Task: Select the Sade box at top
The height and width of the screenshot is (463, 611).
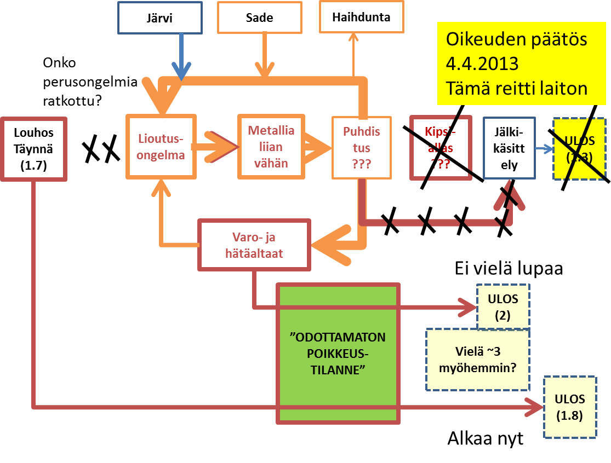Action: pyautogui.click(x=259, y=18)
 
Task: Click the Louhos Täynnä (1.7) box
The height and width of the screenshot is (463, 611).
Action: pyautogui.click(x=34, y=149)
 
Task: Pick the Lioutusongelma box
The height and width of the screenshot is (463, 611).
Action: pyautogui.click(x=161, y=147)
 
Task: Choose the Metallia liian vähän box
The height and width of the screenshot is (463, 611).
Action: pyautogui.click(x=271, y=147)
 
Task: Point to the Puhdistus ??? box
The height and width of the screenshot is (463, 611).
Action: pyautogui.click(x=362, y=147)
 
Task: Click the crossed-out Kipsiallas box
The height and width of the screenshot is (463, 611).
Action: pyautogui.click(x=441, y=148)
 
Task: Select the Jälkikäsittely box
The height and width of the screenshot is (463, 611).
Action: pyautogui.click(x=509, y=148)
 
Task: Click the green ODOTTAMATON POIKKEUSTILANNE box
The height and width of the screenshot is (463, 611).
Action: pyautogui.click(x=338, y=354)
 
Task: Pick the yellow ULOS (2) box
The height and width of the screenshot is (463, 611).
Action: pyautogui.click(x=503, y=307)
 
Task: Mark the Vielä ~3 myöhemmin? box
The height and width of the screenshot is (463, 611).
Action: pyautogui.click(x=478, y=359)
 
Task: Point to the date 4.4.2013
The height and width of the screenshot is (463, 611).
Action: pyautogui.click(x=482, y=63)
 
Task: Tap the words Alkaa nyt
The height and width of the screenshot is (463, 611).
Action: pyautogui.click(x=486, y=439)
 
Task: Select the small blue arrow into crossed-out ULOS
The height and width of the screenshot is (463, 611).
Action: pyautogui.click(x=544, y=148)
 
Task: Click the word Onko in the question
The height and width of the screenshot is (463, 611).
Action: pyautogui.click(x=56, y=62)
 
